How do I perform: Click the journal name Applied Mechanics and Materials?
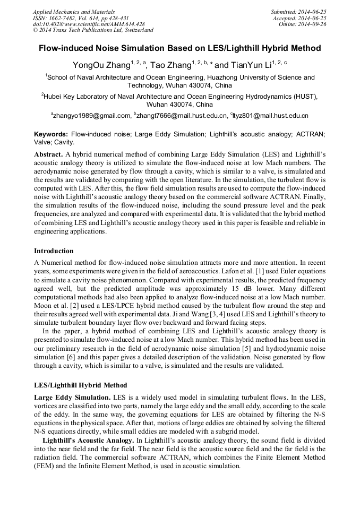click(74, 12)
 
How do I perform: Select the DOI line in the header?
click(89, 24)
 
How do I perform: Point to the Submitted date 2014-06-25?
click(298, 12)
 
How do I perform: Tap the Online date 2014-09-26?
click(303, 24)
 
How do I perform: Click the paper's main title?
click(179, 48)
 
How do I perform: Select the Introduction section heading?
click(54, 251)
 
